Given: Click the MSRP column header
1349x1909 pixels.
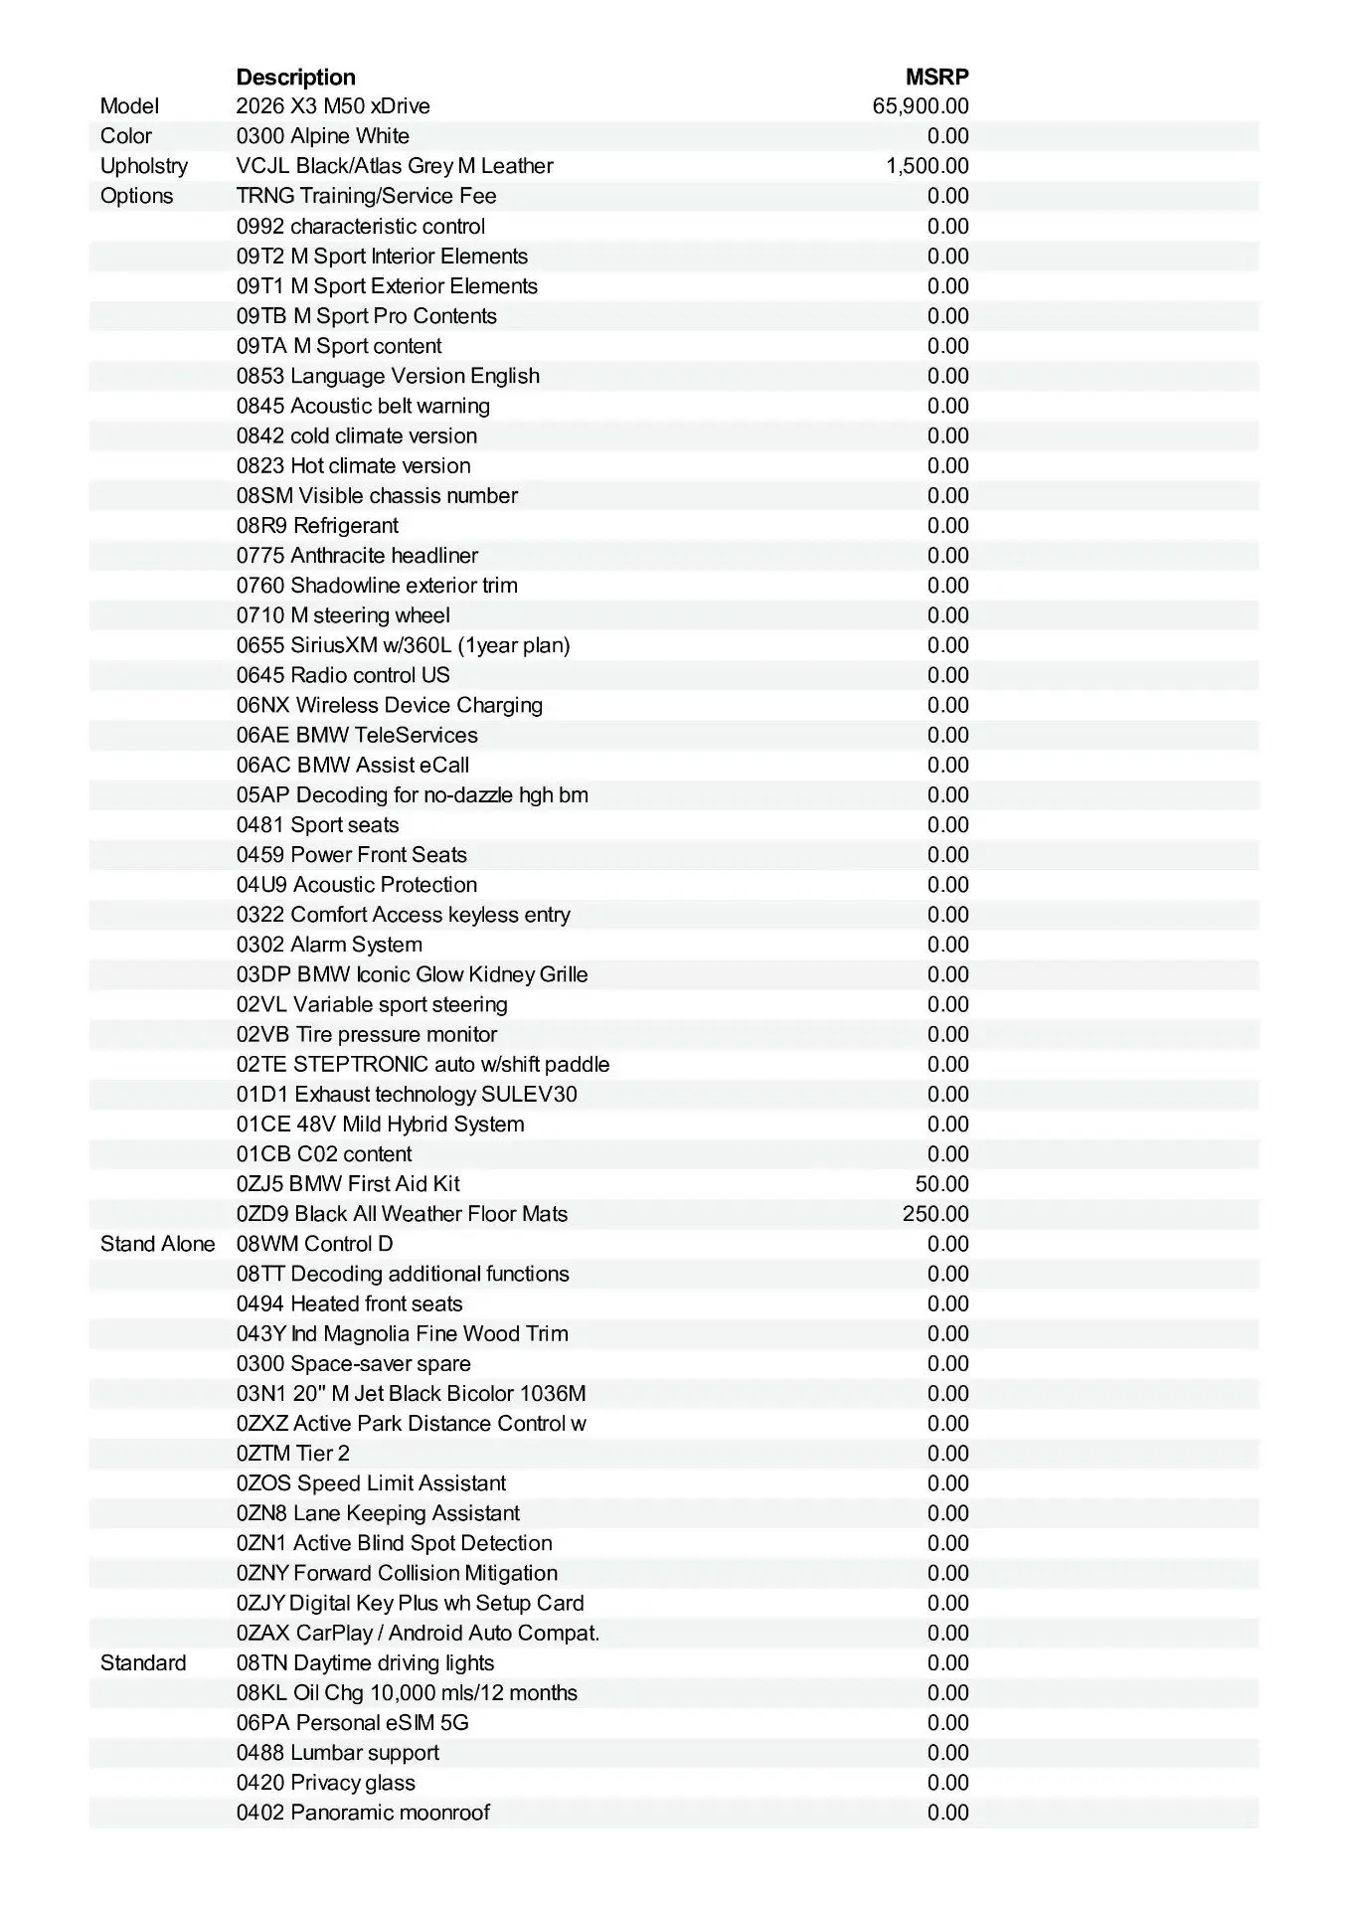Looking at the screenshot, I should coord(936,78).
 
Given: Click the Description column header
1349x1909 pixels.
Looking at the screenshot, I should coord(295,78).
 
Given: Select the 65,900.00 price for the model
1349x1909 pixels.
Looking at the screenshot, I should coord(921,106).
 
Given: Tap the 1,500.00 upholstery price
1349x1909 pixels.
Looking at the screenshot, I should coord(927,166).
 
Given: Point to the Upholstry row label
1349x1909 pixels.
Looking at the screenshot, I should coord(144,166).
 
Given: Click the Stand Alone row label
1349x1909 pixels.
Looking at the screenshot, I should coord(157,1244).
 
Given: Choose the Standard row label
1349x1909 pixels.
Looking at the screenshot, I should coord(143,1662).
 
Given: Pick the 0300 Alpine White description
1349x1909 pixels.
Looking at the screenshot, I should coord(323,136).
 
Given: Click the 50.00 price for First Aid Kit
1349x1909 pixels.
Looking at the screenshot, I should coord(941,1184).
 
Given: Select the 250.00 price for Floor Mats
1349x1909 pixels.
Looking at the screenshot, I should coord(935,1214).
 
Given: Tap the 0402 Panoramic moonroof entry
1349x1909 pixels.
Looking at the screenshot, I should coord(363,1813).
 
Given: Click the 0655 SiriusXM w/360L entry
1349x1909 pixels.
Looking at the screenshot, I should coord(403,645).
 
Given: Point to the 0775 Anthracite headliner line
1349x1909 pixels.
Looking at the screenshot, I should coord(357,556).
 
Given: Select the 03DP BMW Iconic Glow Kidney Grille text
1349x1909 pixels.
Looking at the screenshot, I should coord(412,974).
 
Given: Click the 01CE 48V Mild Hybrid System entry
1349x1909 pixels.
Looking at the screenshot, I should coord(380,1125).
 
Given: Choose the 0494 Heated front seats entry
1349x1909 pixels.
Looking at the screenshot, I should coord(349,1303).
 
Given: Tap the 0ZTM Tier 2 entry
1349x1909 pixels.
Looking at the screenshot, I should coord(293,1454).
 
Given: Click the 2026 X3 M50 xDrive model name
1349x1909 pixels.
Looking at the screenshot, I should coord(333,106).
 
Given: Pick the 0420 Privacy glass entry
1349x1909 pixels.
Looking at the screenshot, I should coord(326,1783).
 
